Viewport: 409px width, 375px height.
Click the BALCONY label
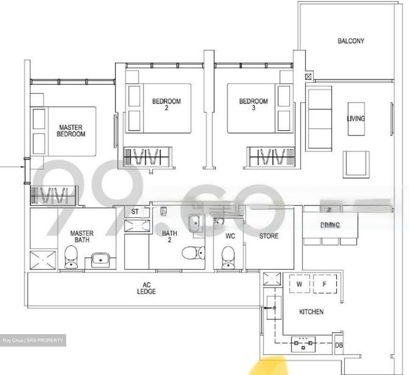pos(351,41)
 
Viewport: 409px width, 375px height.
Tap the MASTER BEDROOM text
pos(71,131)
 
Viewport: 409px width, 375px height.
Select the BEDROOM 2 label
pos(166,104)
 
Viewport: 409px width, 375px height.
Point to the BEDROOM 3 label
pos(253,104)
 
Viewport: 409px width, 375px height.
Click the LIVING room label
pos(356,118)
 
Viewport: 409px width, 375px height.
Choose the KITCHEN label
pos(311,312)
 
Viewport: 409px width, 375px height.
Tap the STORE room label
pos(269,236)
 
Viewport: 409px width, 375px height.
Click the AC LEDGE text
pos(147,288)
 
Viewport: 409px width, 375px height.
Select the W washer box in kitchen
pos(299,284)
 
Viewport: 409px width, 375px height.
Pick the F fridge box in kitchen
pos(325,284)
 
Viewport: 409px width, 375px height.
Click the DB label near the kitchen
pos(339,345)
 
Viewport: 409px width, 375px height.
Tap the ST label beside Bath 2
pos(135,211)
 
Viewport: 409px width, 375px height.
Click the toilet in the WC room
pos(228,257)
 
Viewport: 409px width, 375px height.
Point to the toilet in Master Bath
pos(71,257)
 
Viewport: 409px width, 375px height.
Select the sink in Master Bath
pos(100,259)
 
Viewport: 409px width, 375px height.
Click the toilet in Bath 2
pos(193,253)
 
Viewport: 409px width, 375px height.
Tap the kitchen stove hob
pos(303,344)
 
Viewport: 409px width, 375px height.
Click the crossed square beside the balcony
pos(308,76)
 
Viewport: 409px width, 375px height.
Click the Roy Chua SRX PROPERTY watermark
pos(33,340)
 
